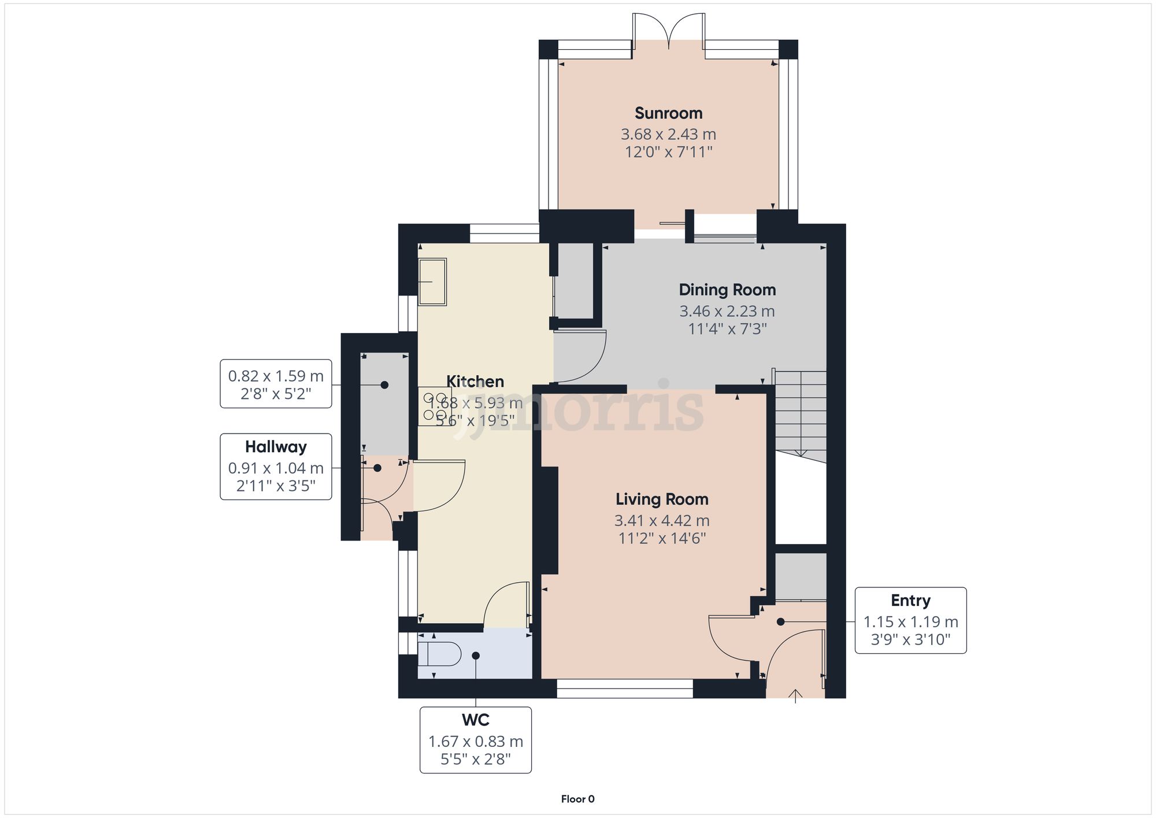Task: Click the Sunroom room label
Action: (668, 113)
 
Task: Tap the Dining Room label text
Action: (727, 290)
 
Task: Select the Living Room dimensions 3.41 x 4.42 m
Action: (661, 520)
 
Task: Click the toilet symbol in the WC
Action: (439, 655)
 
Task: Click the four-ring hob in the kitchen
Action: (435, 406)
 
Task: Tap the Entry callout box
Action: (910, 620)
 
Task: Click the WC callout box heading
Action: (475, 720)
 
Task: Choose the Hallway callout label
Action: (276, 447)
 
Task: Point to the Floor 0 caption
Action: (577, 799)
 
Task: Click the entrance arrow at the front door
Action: (795, 695)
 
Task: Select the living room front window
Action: (624, 688)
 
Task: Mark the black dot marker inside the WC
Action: (475, 656)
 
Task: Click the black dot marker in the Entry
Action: (780, 622)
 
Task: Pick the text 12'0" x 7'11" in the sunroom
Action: (668, 152)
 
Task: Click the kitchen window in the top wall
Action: (504, 233)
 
